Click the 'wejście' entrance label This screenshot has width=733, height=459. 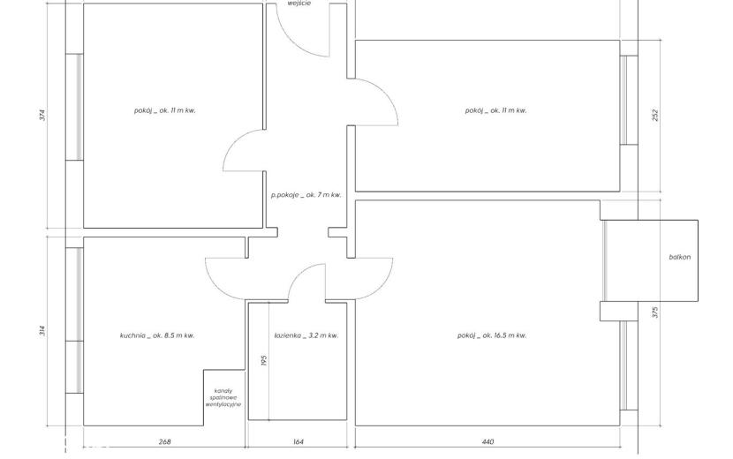coord(298,4)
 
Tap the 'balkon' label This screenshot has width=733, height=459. coord(680,257)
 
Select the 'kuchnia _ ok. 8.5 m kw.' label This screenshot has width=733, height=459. coord(157,335)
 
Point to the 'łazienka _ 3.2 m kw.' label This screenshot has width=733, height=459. coord(306,335)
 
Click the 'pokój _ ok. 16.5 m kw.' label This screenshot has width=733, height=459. coord(492,335)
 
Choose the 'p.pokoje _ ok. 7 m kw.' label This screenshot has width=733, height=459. coord(306,195)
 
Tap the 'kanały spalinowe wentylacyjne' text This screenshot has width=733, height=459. coord(223,398)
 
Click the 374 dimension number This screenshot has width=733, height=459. coord(42,115)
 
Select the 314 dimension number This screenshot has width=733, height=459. coord(42,331)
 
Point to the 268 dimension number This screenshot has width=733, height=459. coord(164,441)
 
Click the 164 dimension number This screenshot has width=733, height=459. coord(298,441)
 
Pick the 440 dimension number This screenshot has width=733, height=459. coord(487,441)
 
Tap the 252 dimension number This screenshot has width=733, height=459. coord(655,116)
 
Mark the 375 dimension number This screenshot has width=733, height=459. coord(655,312)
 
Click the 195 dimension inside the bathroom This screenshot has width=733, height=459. coord(264,360)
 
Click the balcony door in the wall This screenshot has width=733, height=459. coord(604,260)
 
